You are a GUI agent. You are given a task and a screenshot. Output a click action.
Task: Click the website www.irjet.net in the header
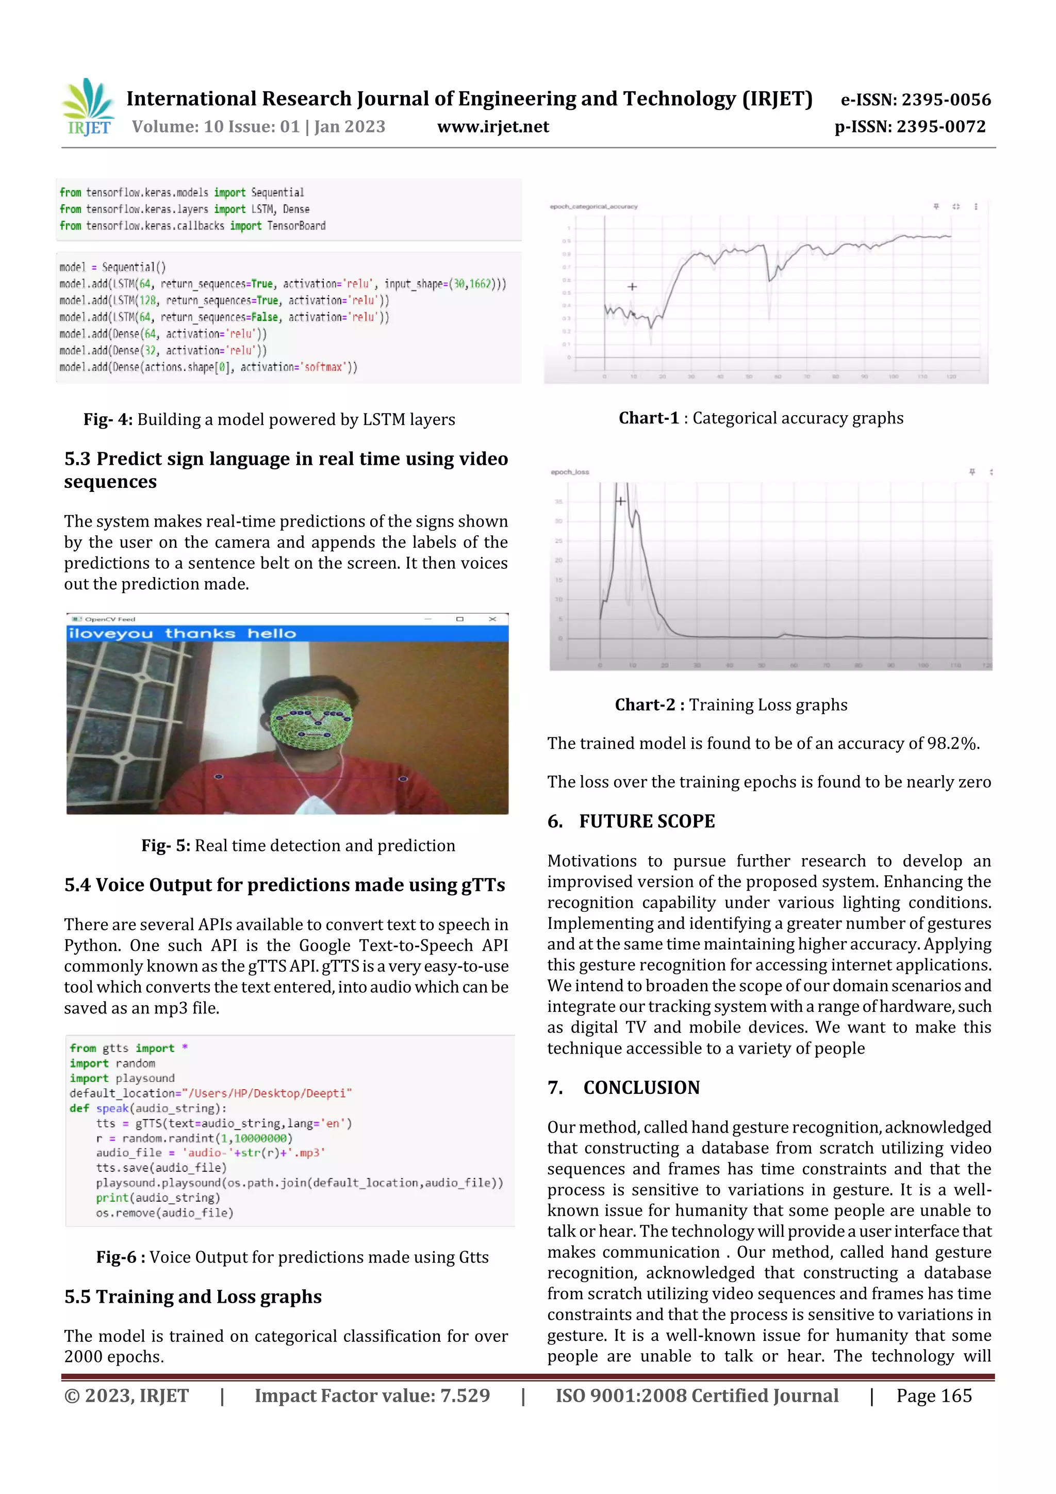click(x=492, y=126)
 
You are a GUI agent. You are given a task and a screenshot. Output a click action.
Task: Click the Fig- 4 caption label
click(x=107, y=420)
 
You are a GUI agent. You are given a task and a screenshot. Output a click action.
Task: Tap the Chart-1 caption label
click(x=648, y=418)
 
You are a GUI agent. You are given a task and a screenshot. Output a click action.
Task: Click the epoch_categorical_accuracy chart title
click(x=593, y=206)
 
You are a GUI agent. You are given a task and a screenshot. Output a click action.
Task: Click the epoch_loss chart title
click(x=569, y=472)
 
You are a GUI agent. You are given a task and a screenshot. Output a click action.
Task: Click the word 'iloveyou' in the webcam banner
click(x=111, y=634)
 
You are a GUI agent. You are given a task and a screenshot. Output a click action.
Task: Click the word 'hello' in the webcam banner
click(x=271, y=634)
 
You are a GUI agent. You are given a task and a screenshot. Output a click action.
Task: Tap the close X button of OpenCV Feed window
click(x=492, y=619)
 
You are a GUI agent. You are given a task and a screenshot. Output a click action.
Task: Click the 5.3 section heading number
click(x=77, y=459)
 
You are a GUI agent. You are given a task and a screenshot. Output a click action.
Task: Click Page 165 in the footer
click(x=934, y=1396)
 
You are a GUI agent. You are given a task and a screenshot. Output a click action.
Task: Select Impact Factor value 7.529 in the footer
click(x=372, y=1396)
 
